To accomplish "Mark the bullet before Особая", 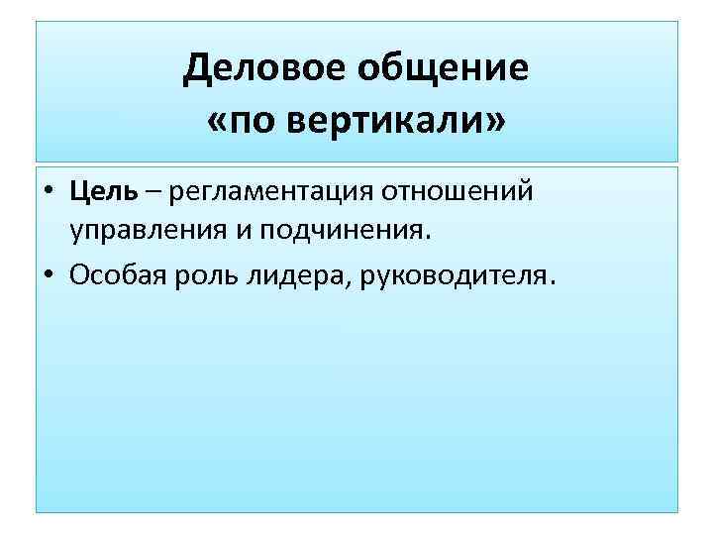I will tap(48, 274).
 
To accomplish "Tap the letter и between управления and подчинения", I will tap(240, 232).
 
